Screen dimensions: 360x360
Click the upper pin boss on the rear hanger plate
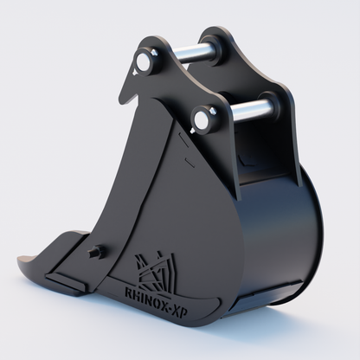(214, 41)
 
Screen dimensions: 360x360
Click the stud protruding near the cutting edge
(96, 252)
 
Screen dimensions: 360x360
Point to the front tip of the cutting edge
(22, 258)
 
